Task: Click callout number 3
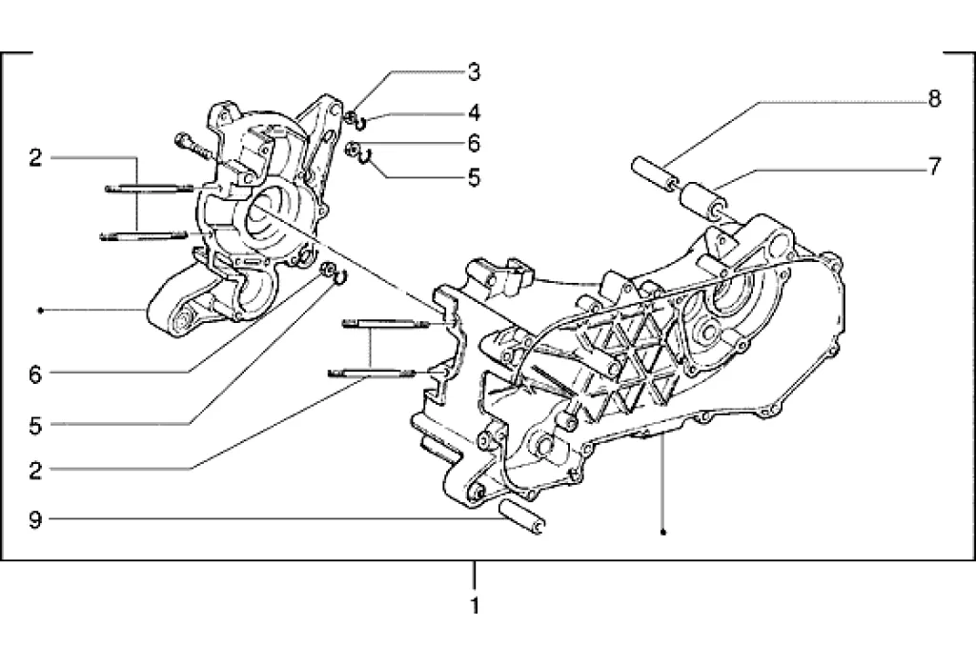[474, 72]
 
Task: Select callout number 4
[474, 113]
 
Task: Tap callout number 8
[934, 99]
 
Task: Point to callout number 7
[934, 166]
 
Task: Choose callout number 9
[35, 518]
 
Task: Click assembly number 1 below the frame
[475, 605]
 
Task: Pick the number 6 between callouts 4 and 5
[474, 144]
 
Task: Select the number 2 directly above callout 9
[35, 470]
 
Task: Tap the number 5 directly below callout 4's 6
[474, 178]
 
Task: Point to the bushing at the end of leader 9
[522, 517]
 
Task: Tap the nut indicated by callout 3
[352, 116]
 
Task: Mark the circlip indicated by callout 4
[360, 122]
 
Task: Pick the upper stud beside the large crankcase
[385, 322]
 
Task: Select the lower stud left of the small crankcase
[144, 234]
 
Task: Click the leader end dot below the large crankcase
[663, 533]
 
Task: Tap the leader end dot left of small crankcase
[40, 310]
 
